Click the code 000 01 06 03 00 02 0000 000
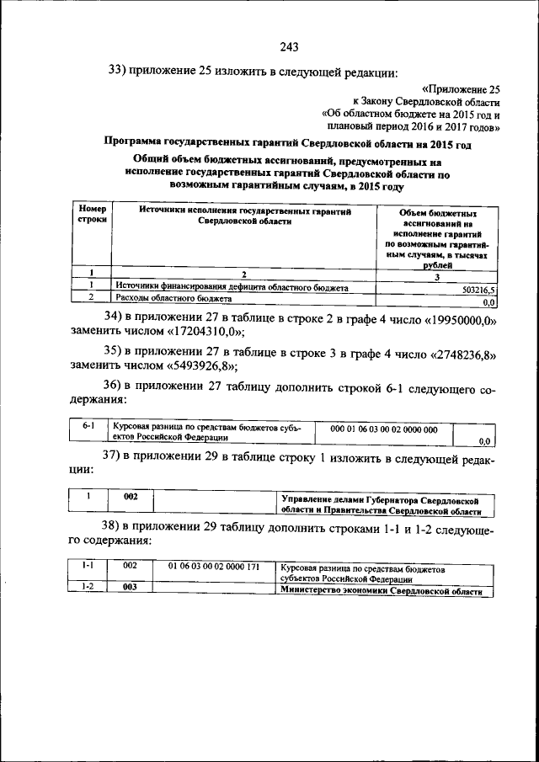point(383,429)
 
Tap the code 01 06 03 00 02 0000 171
point(213,566)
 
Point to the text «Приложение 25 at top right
point(461,88)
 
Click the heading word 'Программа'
point(138,144)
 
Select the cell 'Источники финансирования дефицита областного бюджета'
point(232,287)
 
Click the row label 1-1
point(88,566)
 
